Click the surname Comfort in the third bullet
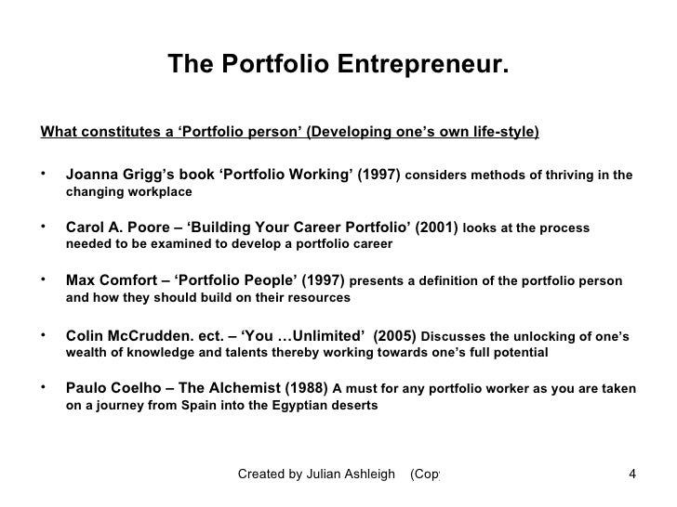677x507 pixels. pos(136,280)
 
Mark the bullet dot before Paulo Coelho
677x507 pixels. pos(45,388)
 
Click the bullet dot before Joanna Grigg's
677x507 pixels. pos(45,173)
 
